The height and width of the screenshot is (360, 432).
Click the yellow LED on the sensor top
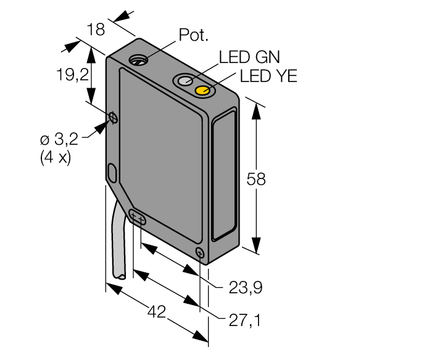coord(203,90)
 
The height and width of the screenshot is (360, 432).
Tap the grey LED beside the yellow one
coord(185,80)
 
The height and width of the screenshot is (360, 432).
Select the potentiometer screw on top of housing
coord(139,60)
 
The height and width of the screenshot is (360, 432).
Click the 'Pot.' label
coord(193,35)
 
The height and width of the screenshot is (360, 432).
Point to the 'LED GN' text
coord(249,57)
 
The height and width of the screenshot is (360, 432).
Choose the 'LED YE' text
coord(268,76)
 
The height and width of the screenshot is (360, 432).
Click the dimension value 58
coord(256,179)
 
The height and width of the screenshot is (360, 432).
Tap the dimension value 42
coord(157,312)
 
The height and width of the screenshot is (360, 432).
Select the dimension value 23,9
coord(246,288)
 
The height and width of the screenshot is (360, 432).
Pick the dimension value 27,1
coord(244,320)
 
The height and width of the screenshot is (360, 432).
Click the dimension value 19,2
coord(72,75)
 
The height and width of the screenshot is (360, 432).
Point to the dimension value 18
coord(96,29)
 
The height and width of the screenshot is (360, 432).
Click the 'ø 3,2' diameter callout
coord(59,139)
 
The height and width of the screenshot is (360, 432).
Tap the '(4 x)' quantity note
coord(56,158)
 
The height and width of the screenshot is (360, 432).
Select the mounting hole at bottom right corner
coord(200,253)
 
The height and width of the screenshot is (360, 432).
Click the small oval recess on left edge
coord(112,173)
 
